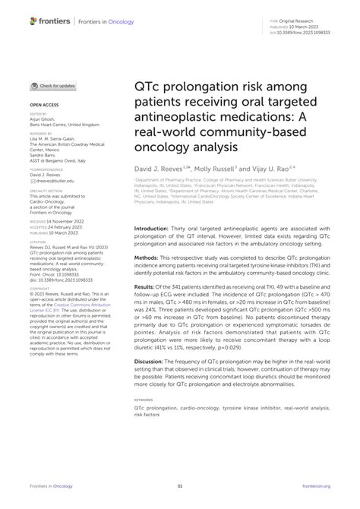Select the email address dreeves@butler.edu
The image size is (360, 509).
coord(52,181)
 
